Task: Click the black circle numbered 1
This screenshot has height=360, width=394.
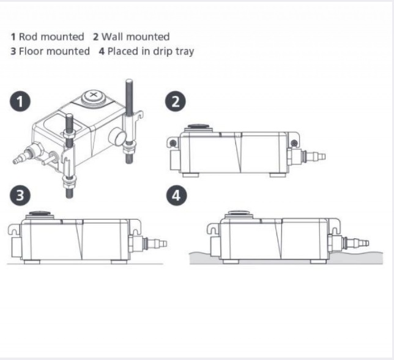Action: coord(20,102)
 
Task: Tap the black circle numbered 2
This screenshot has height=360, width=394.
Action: coord(176,102)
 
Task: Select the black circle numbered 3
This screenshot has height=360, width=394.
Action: coord(20,195)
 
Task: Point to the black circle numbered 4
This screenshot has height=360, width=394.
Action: coord(176,195)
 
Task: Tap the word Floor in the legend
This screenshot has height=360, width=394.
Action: coord(31,51)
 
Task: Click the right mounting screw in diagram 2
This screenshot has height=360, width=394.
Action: coord(294,143)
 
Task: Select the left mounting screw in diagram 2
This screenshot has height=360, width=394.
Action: coord(173,143)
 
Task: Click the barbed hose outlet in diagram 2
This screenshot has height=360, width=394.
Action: coord(313,156)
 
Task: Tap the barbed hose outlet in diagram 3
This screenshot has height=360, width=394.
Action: coord(155,243)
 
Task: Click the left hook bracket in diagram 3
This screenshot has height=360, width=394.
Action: coord(14,230)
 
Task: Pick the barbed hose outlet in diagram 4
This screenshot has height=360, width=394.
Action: coord(357,243)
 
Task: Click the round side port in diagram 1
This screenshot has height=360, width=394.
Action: coord(117,137)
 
